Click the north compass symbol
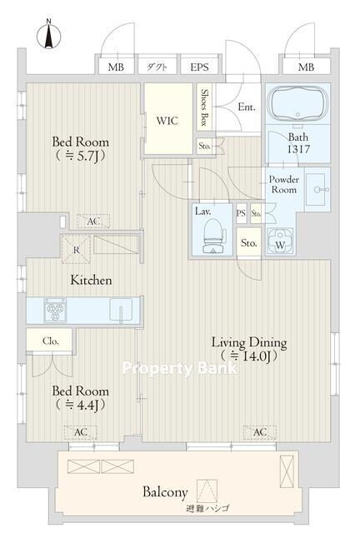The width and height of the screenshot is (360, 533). (x=49, y=35)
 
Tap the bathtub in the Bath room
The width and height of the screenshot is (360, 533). (x=298, y=104)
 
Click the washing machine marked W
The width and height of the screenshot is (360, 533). (x=280, y=241)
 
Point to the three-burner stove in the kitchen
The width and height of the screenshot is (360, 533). (x=55, y=310)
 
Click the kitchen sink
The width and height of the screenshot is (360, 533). (x=121, y=309)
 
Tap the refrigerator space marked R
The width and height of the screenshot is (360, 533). (x=76, y=249)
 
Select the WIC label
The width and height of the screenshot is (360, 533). (x=167, y=121)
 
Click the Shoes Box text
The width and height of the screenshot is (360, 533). (x=204, y=107)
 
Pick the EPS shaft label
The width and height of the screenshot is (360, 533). (x=199, y=67)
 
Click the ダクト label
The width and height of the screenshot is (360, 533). (x=157, y=67)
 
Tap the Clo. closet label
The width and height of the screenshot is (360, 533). (x=51, y=341)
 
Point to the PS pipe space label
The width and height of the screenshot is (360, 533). (x=241, y=213)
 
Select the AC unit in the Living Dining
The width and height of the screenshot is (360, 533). (x=260, y=432)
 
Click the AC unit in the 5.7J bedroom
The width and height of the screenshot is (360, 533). (x=93, y=222)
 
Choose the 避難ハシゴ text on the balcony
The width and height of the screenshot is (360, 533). (x=207, y=509)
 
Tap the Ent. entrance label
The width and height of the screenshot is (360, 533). (x=247, y=107)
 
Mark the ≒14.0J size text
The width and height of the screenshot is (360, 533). (x=249, y=356)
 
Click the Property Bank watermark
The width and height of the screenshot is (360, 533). (x=180, y=368)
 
